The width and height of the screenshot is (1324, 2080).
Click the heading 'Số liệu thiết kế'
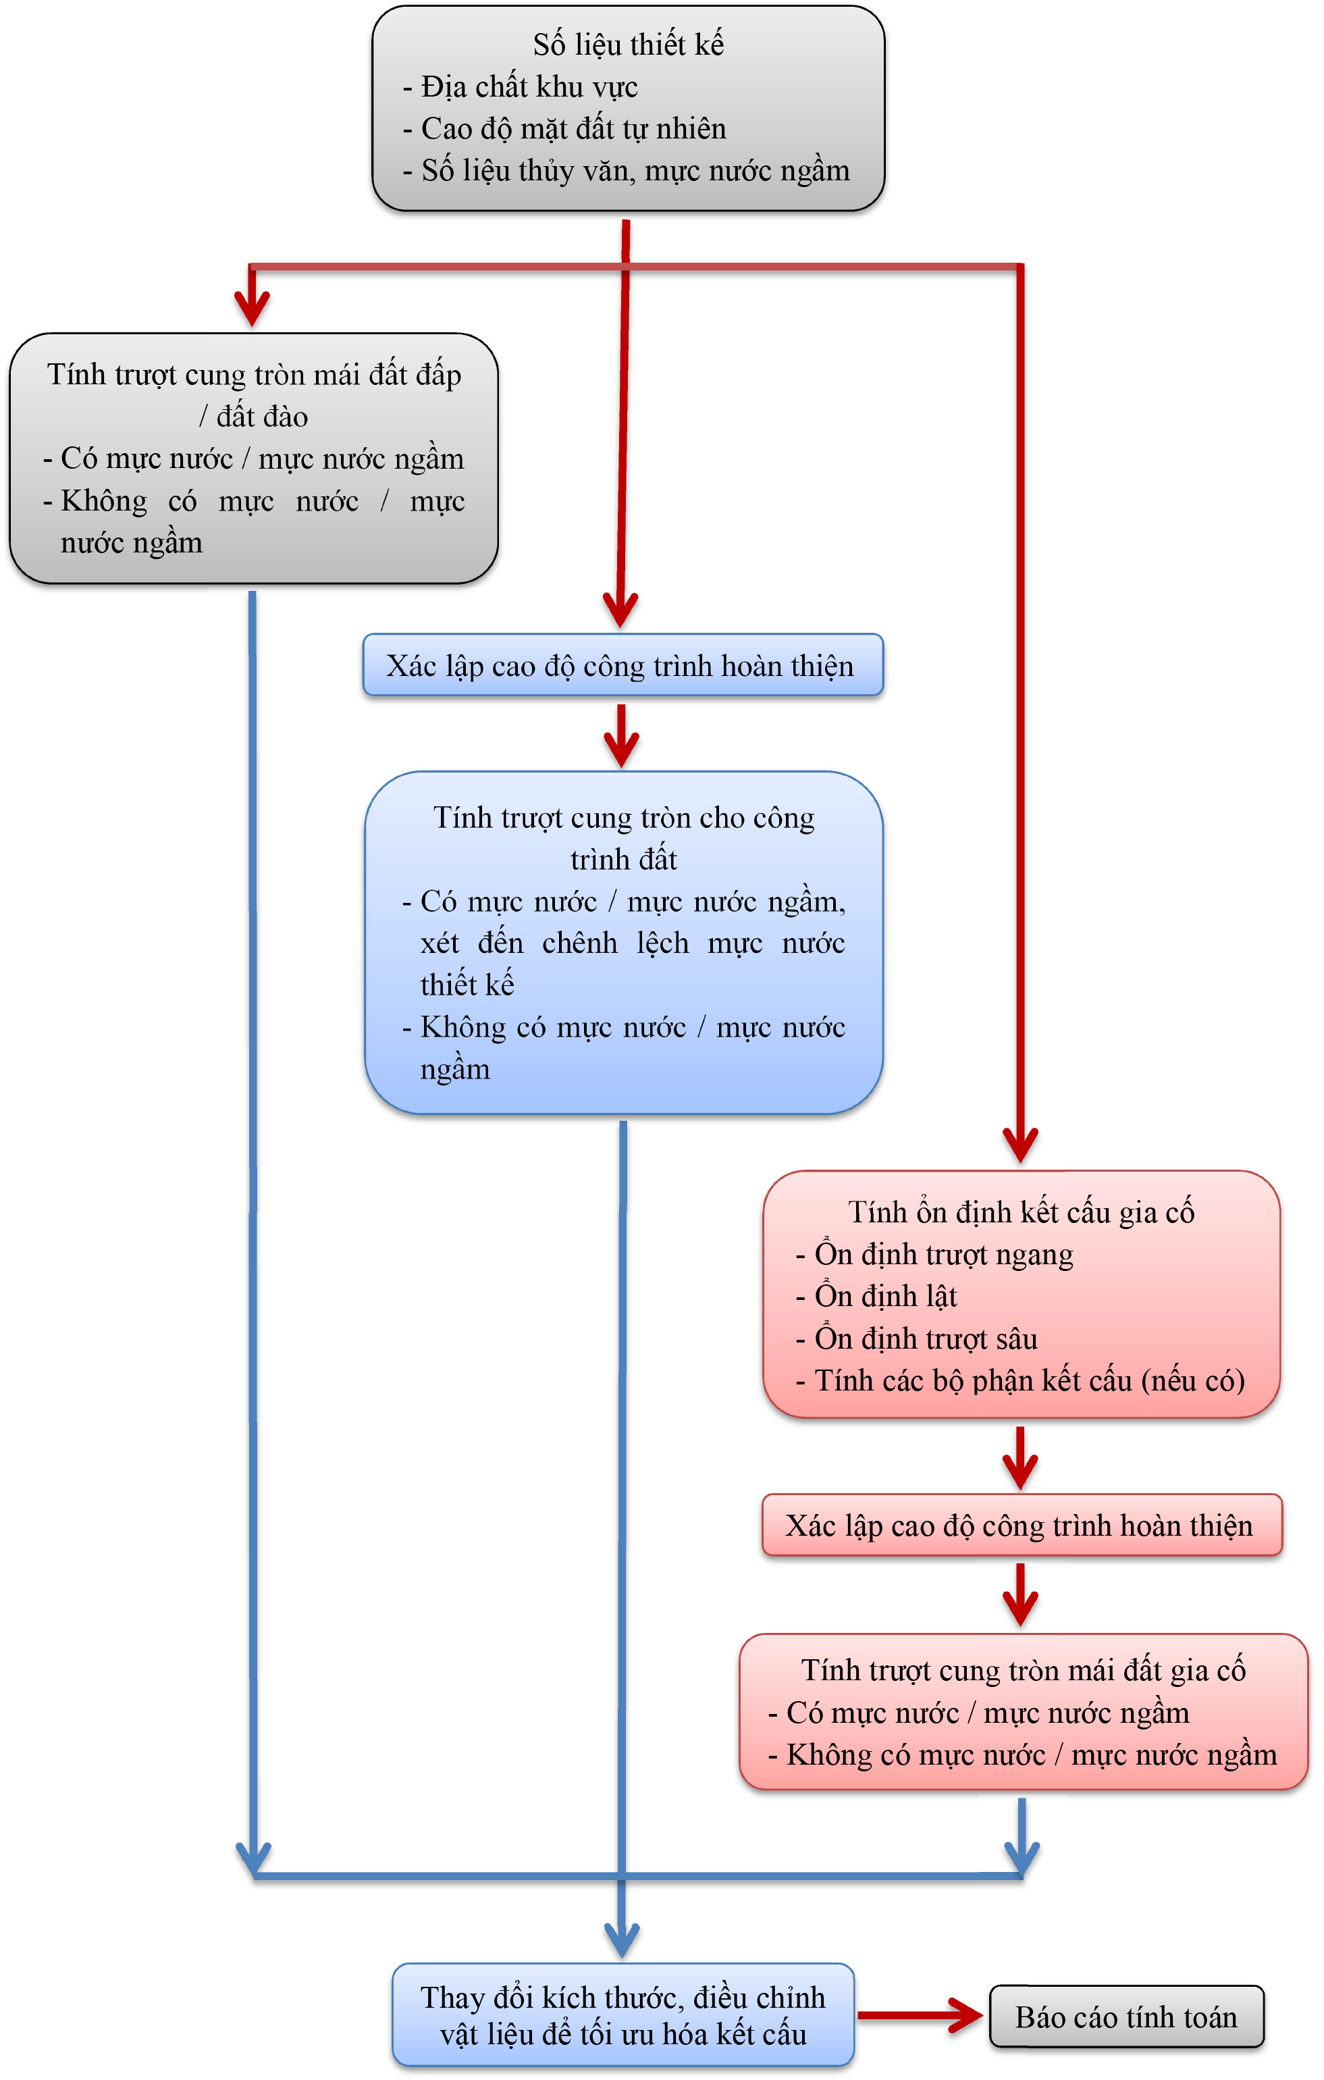tap(628, 44)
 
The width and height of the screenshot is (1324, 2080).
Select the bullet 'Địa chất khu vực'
tap(529, 86)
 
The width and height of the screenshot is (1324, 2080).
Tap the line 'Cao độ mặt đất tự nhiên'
tap(573, 129)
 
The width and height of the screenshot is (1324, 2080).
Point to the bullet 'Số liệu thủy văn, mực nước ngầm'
tap(635, 170)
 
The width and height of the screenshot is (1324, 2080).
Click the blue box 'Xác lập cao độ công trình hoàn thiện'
tap(622, 666)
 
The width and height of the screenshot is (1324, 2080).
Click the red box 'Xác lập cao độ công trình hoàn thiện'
tap(1020, 1526)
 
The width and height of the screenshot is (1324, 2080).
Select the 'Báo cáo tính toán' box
tap(1126, 2017)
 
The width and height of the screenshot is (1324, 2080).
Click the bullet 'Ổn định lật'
tap(885, 1297)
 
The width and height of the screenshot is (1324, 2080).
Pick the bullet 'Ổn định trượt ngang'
tap(943, 1254)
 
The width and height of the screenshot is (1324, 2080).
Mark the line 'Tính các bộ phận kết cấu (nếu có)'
tap(1029, 1380)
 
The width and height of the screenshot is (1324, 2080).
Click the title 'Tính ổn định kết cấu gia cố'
tap(1021, 1212)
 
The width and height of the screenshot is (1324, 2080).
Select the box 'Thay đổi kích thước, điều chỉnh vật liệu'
tap(623, 2015)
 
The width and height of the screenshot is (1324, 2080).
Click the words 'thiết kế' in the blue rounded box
tap(467, 985)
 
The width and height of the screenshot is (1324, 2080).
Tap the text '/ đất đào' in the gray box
tap(254, 417)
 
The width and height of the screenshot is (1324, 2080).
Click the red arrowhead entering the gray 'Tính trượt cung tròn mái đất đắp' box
tap(253, 307)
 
